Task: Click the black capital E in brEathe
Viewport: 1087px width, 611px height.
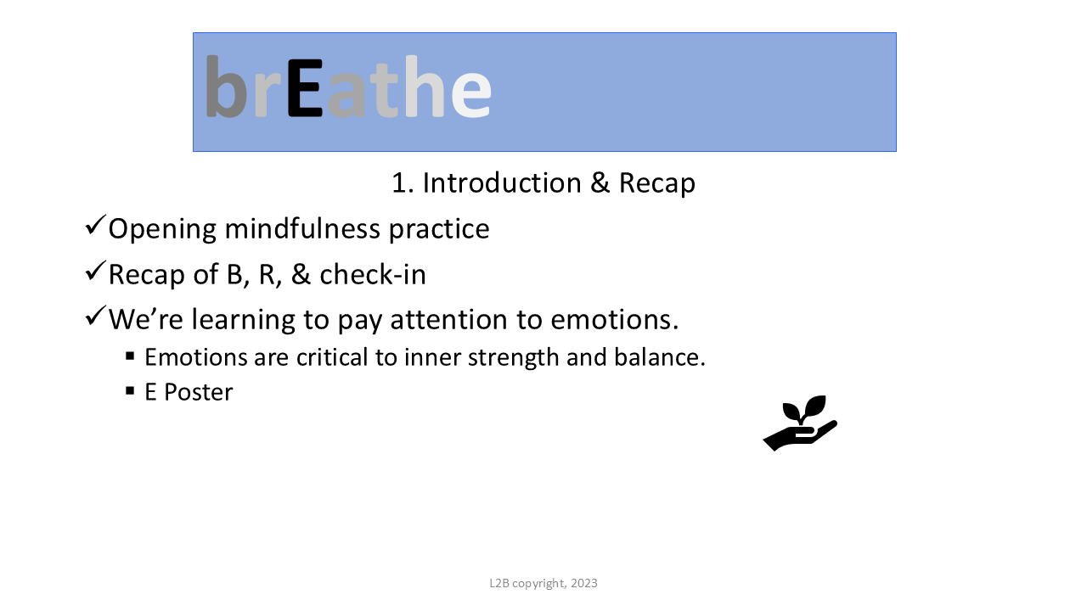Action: coord(305,87)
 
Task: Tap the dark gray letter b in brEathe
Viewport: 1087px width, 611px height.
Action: coord(226,87)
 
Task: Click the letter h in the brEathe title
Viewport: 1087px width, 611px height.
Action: coord(425,87)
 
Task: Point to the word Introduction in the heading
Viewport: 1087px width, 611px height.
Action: coord(502,183)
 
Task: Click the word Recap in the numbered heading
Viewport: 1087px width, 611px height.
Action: coord(656,184)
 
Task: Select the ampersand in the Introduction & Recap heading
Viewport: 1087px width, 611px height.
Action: coord(600,183)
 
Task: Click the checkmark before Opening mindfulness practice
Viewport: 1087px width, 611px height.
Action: coord(95,225)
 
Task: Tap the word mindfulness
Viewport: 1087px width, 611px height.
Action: coord(301,228)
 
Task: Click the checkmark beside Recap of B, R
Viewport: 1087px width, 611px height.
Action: coord(95,271)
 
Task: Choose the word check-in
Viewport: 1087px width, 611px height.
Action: coord(373,274)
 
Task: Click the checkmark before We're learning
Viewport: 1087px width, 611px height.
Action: coord(95,316)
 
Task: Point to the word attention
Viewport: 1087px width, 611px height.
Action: coord(449,320)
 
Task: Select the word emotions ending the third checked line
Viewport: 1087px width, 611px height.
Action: coord(611,320)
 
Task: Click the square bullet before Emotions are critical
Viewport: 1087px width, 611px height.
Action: coord(130,356)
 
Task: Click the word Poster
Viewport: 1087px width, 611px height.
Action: coord(199,392)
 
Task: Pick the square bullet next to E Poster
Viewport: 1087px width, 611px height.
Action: coord(130,391)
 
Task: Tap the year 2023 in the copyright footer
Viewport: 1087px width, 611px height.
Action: coord(583,583)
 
